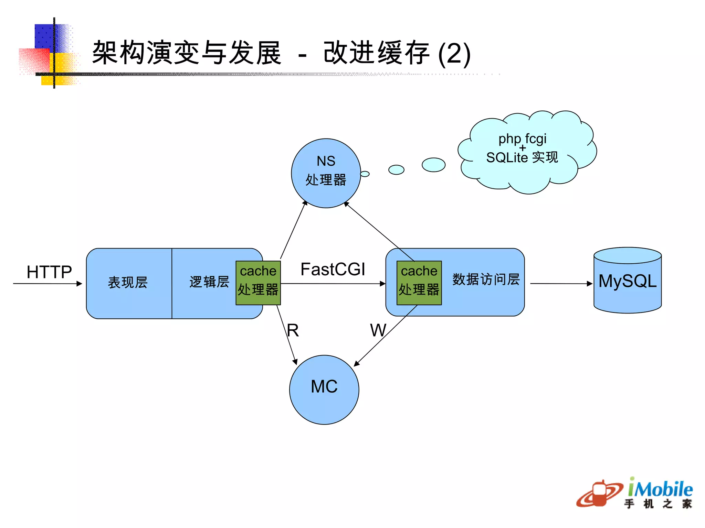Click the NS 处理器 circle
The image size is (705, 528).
[326, 173]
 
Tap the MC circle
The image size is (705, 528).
[324, 389]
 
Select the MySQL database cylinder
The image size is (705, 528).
[627, 281]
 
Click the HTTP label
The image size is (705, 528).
[49, 272]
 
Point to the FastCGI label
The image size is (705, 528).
[333, 269]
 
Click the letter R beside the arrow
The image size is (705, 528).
[293, 330]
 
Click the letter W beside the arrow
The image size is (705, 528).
[378, 330]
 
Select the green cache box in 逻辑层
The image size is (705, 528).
[258, 283]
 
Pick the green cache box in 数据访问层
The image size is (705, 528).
[419, 283]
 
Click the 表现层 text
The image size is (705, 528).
[128, 283]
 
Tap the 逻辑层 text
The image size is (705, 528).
[209, 282]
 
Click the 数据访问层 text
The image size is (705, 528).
[486, 279]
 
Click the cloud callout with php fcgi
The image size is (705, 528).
[527, 151]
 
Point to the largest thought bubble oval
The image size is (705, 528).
[433, 165]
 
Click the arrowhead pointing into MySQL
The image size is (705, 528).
[589, 284]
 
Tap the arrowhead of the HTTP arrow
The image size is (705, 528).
[79, 284]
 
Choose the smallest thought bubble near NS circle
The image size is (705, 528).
[365, 174]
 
